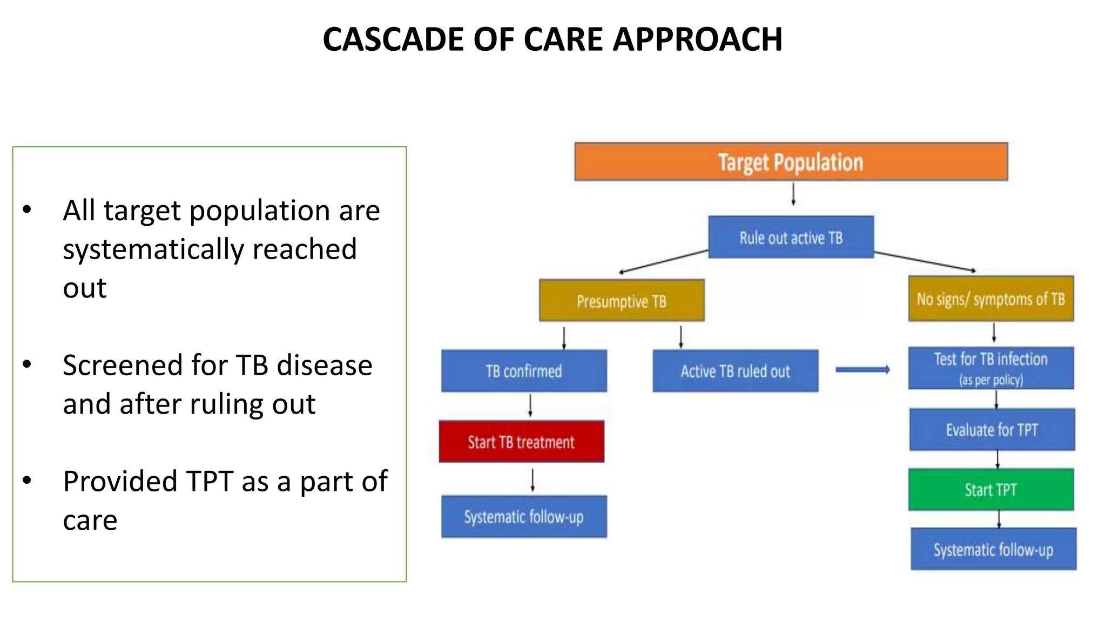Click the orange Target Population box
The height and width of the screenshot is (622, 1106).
point(791,161)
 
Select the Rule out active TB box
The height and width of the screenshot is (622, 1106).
point(791,237)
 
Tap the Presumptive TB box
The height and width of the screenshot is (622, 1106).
point(622,301)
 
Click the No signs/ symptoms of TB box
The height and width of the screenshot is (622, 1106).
point(990,299)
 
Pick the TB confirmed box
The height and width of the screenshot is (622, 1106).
point(524,371)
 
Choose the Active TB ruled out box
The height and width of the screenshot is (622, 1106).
point(735,371)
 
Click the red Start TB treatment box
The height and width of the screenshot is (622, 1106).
point(521,442)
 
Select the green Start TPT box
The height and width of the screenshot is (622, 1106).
point(990,489)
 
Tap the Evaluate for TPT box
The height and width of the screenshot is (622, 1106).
point(992,430)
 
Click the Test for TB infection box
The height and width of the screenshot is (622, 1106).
point(990,368)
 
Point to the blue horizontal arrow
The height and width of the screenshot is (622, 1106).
point(862,370)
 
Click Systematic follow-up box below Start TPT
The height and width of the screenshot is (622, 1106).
point(993,549)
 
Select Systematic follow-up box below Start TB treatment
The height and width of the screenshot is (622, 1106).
point(524,517)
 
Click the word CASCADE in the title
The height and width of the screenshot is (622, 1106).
point(393,39)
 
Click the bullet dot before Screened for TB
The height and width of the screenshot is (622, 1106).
point(27,364)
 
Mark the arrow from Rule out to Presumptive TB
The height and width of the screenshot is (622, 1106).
point(664,262)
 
